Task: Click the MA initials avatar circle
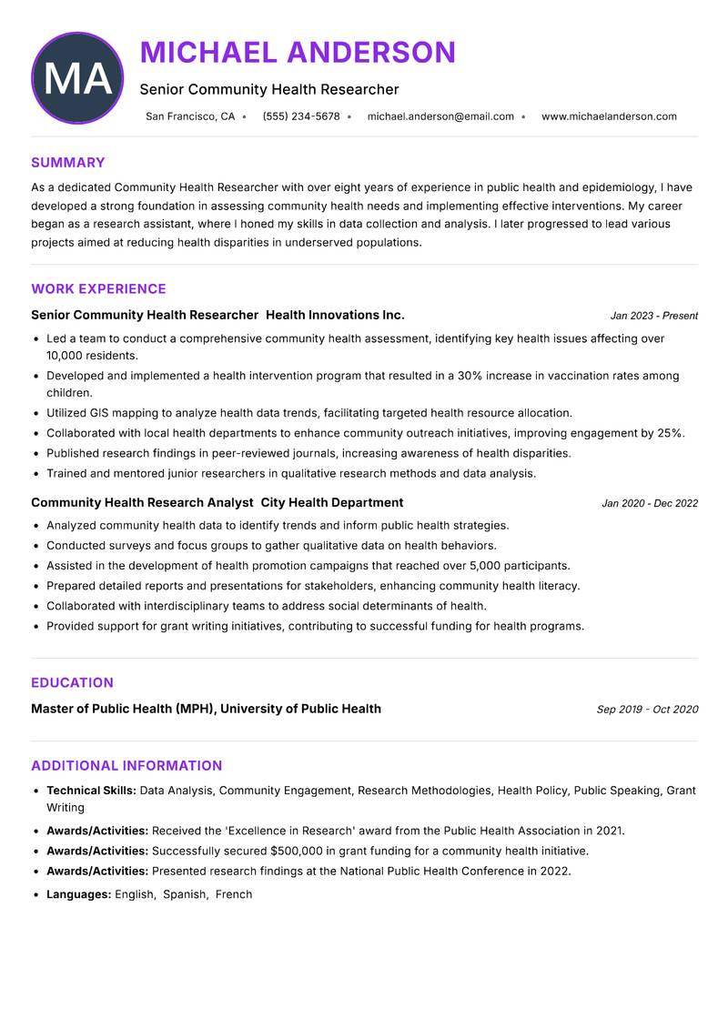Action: click(x=77, y=78)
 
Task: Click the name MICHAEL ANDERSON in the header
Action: click(x=298, y=53)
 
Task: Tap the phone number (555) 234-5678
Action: click(x=301, y=116)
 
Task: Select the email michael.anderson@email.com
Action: click(x=440, y=116)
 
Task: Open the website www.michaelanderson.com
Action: click(x=609, y=116)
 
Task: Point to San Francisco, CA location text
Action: click(x=190, y=116)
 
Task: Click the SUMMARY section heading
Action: click(x=68, y=163)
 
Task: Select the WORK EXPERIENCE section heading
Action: click(x=98, y=289)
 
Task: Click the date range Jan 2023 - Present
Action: click(x=653, y=316)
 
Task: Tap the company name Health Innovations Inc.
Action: click(x=335, y=315)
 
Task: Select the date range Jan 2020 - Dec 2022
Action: click(x=650, y=503)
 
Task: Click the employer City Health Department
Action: click(x=332, y=502)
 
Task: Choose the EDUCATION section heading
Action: click(x=72, y=683)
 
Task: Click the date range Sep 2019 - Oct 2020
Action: click(x=647, y=710)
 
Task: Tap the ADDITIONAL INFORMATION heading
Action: click(x=126, y=766)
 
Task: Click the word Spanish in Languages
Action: click(x=185, y=894)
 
